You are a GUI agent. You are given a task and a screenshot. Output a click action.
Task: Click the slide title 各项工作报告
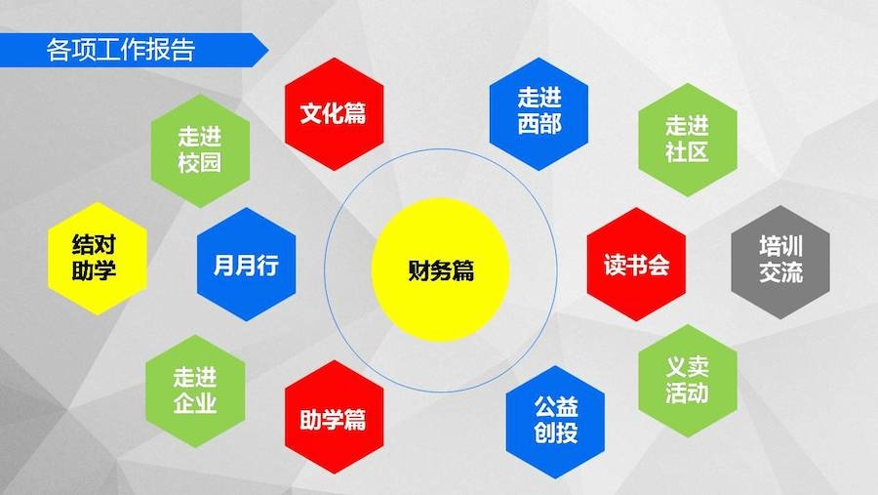point(120,50)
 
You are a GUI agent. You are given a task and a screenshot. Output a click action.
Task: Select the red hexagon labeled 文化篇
point(334,114)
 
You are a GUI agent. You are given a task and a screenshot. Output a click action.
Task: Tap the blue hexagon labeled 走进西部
point(539,114)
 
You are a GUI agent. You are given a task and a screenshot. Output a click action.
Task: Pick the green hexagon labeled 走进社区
point(688,140)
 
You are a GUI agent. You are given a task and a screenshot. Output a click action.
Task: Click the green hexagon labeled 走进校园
point(200,150)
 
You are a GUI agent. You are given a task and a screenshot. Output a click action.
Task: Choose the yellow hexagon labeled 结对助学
point(97,259)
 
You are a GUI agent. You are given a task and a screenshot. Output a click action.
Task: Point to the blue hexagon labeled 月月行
point(247,264)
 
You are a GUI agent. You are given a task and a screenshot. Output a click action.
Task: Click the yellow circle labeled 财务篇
point(440,270)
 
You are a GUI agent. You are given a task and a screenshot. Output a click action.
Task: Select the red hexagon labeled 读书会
point(636,264)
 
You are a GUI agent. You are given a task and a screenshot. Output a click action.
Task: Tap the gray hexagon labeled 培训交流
point(780,262)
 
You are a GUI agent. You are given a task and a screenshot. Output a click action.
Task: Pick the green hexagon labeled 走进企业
point(195,391)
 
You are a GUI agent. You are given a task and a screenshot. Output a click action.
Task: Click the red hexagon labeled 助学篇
point(334,417)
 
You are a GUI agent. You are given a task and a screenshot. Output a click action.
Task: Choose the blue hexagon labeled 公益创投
point(555,422)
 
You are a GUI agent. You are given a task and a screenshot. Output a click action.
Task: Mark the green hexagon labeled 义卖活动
point(688,381)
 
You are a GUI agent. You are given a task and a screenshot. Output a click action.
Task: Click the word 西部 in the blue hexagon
point(539,124)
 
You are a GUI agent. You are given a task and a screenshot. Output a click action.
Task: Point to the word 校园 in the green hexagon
point(200,163)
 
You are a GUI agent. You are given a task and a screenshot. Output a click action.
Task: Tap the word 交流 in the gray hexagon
point(781,272)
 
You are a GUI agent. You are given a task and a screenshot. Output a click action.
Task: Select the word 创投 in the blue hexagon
point(555,433)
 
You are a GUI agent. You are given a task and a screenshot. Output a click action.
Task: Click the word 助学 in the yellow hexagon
point(94,269)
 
